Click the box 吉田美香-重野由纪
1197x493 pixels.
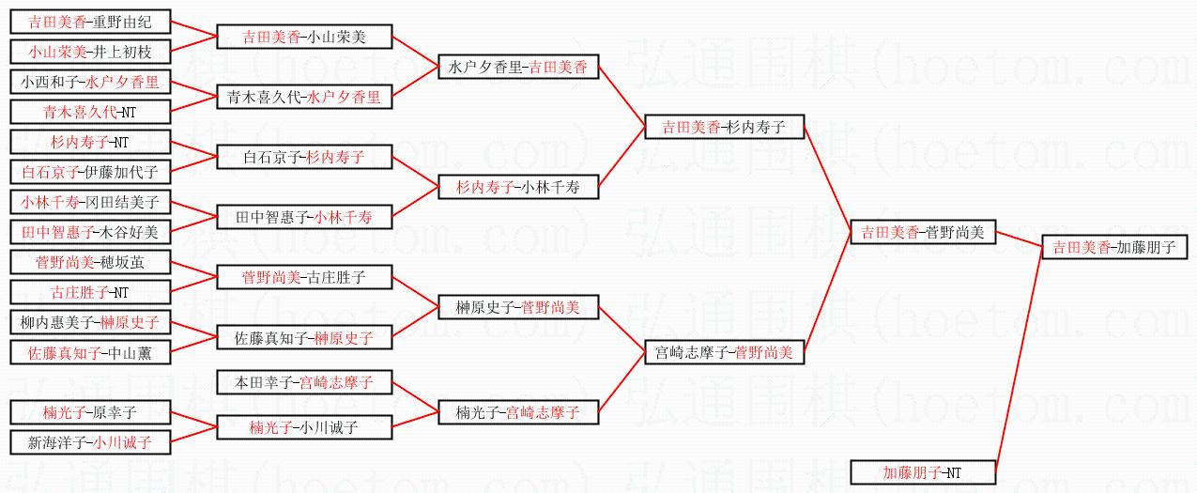click(89, 23)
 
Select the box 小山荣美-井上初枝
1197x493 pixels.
click(89, 53)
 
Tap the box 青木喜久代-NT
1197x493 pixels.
click(89, 113)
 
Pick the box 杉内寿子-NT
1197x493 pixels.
click(89, 143)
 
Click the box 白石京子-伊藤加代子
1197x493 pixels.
click(89, 172)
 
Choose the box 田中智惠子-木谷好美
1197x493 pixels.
click(89, 232)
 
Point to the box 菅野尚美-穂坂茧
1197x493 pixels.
click(89, 262)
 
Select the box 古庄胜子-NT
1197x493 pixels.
click(89, 292)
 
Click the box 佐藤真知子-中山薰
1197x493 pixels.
click(89, 353)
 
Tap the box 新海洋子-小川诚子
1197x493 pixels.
click(89, 442)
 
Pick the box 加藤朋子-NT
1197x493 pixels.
click(922, 472)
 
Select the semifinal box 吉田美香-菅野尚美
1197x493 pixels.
click(922, 233)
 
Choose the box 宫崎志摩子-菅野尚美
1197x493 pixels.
click(724, 353)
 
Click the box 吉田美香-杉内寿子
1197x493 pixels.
click(724, 128)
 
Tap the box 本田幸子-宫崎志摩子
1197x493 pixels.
click(304, 383)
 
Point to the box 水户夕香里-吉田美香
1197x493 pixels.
click(518, 68)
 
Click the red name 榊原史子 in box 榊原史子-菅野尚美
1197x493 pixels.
click(484, 308)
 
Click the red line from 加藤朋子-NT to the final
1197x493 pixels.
click(1018, 362)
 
